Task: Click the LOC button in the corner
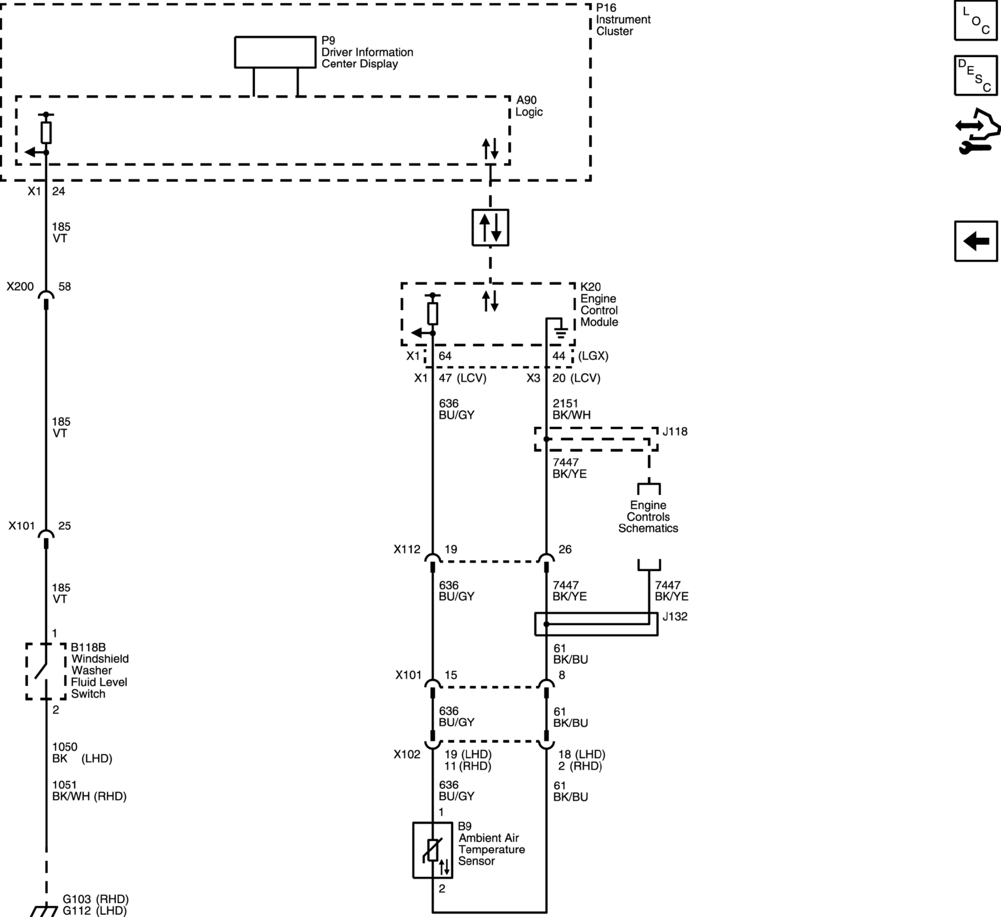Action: pos(976,20)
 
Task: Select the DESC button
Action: pos(976,76)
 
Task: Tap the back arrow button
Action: pos(976,241)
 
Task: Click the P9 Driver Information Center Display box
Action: pos(275,52)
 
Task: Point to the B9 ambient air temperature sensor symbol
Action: pos(432,850)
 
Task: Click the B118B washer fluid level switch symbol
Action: pos(46,671)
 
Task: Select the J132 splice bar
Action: pos(596,624)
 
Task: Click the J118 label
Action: pos(675,431)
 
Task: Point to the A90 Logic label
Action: pos(529,106)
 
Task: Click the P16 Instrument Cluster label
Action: pos(623,19)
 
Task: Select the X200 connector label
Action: pos(20,287)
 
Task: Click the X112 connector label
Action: pos(407,549)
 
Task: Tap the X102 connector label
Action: pos(407,754)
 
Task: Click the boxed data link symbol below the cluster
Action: pos(490,228)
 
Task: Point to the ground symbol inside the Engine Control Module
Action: pos(561,332)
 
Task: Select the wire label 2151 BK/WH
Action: pos(571,409)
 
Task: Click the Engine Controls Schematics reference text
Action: pos(648,517)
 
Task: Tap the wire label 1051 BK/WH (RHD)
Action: pos(89,791)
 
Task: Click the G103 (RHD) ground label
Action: pos(96,899)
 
